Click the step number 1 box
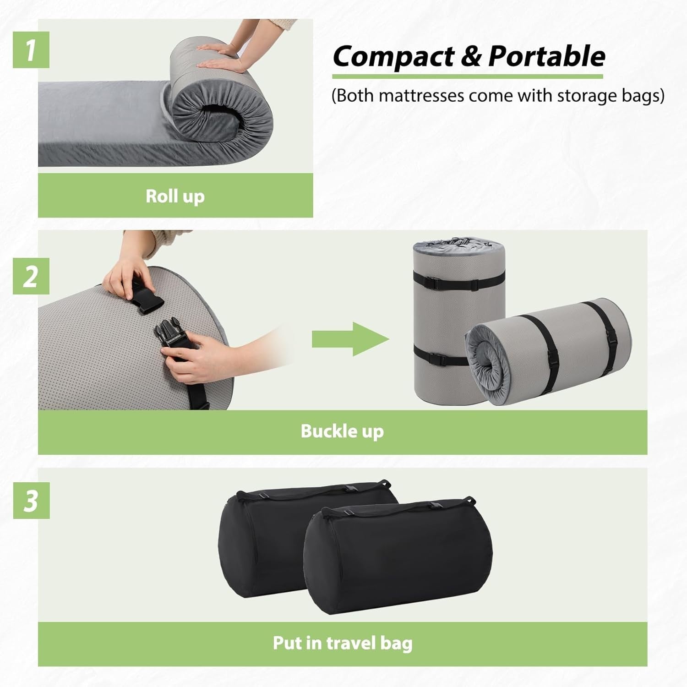coord(31,49)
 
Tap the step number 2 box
coord(31,276)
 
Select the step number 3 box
coord(31,500)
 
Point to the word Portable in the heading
coord(547,56)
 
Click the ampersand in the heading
coord(472,56)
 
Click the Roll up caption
coord(175,196)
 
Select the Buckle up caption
coord(342,431)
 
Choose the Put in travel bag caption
coord(343,643)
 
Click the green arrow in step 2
coord(351,339)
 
